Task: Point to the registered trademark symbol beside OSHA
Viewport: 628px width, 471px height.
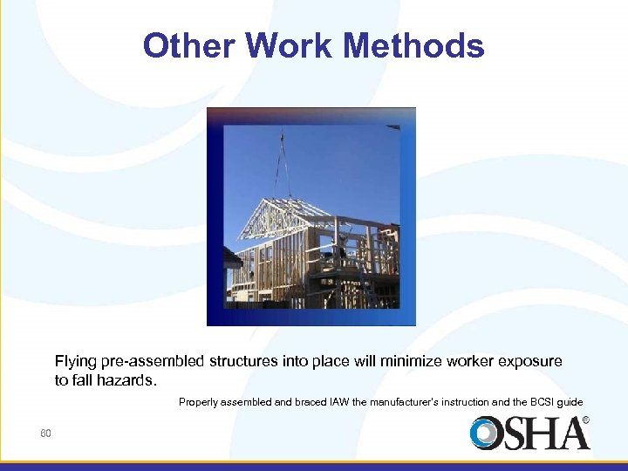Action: tap(585, 420)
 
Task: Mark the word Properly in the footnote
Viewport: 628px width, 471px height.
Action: tap(200, 402)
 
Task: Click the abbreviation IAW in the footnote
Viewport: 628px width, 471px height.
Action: tap(340, 402)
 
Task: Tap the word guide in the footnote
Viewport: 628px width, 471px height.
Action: tap(570, 402)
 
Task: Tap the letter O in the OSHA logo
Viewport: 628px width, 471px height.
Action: tap(486, 433)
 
